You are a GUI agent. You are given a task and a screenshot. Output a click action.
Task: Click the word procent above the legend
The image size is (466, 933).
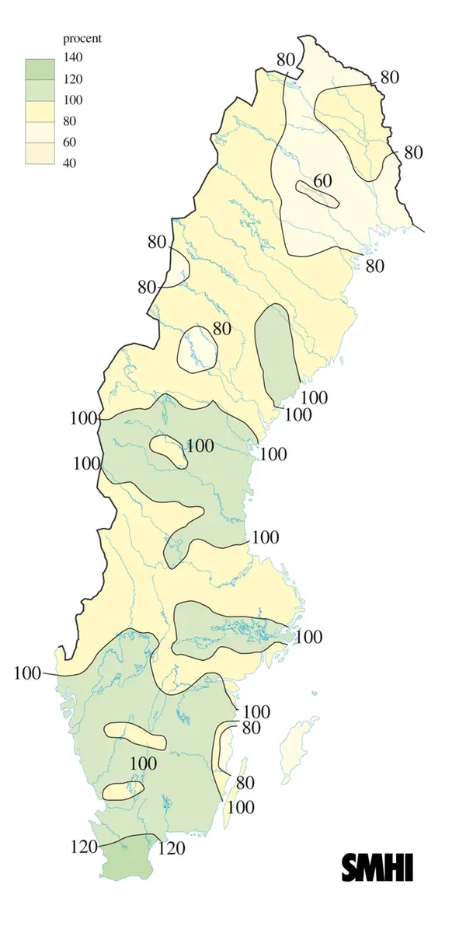click(82, 38)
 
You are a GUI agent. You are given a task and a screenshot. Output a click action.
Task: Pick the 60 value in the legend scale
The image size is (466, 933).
click(71, 142)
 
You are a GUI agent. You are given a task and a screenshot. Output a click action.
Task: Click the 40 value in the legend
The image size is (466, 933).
click(71, 163)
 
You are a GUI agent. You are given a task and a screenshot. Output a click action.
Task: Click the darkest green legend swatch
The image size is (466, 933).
click(39, 68)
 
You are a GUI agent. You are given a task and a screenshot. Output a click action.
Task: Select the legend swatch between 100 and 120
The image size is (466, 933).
click(39, 89)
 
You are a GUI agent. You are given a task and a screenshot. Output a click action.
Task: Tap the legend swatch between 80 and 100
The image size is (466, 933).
click(39, 110)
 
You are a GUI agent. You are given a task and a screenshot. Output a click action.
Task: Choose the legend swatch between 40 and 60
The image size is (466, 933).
click(39, 153)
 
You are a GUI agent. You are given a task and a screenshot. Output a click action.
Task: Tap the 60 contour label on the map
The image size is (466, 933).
click(322, 181)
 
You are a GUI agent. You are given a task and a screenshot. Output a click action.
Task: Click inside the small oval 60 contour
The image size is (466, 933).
click(318, 194)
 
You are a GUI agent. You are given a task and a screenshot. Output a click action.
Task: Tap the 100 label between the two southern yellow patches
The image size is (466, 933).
click(143, 763)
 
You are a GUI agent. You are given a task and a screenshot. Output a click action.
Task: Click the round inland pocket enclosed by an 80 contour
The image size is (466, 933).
click(197, 350)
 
